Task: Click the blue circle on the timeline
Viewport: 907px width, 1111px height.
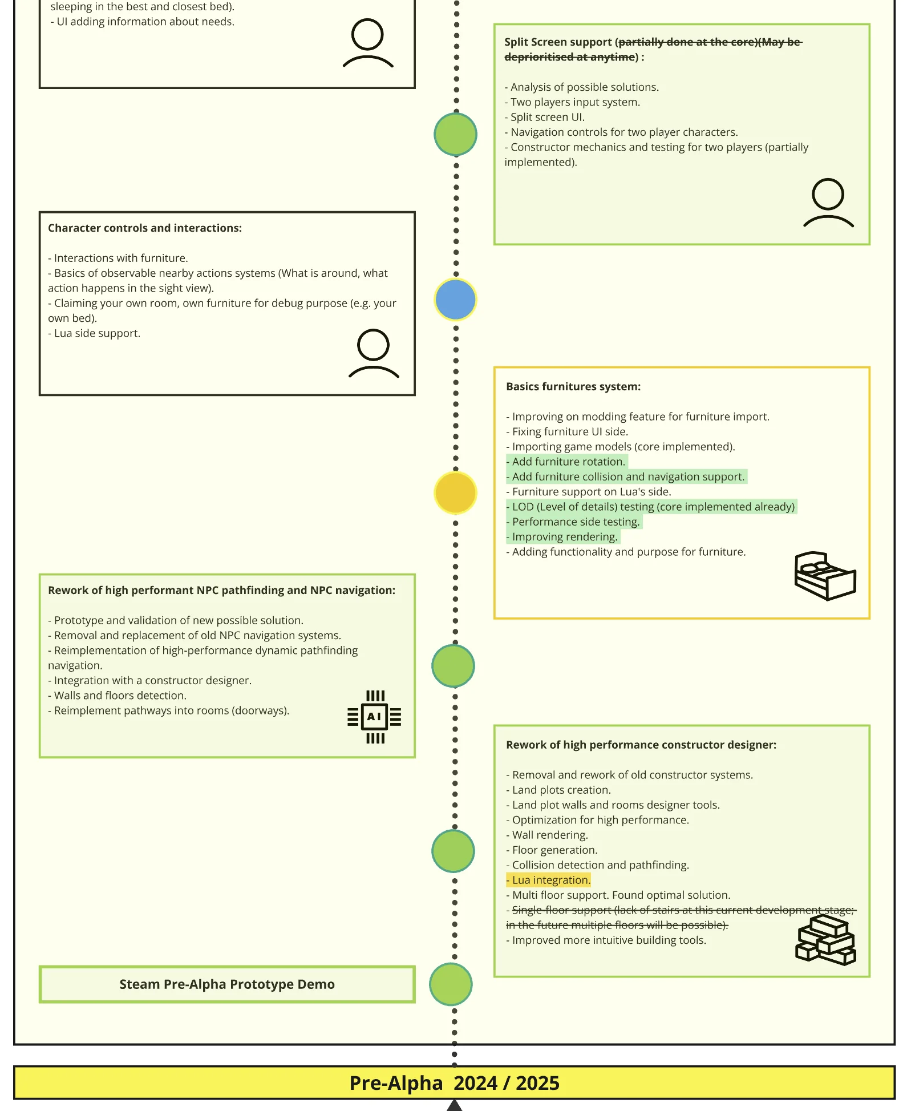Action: pyautogui.click(x=455, y=300)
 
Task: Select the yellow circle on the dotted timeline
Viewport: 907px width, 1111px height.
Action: pyautogui.click(x=455, y=493)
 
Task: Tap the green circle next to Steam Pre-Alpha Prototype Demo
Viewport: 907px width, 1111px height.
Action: pyautogui.click(x=451, y=984)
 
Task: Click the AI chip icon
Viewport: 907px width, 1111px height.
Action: pyautogui.click(x=374, y=717)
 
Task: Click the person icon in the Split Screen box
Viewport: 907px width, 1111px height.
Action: pyautogui.click(x=828, y=203)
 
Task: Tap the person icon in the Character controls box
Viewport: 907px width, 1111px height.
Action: pyautogui.click(x=374, y=353)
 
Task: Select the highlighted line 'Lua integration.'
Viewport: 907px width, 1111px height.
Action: pyautogui.click(x=549, y=880)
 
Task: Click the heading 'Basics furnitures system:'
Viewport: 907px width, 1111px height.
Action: pyautogui.click(x=573, y=386)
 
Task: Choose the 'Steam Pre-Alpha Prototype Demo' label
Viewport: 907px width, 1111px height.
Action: pyautogui.click(x=227, y=984)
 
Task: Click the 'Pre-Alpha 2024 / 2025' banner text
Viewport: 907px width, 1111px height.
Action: pyautogui.click(x=454, y=1082)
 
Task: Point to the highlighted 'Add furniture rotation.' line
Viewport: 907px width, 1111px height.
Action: pyautogui.click(x=567, y=462)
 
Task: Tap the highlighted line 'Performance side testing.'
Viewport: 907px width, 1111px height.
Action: pyautogui.click(x=574, y=522)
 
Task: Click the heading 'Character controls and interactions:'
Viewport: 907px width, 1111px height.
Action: pyautogui.click(x=145, y=228)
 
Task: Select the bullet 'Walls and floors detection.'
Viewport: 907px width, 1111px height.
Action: pyautogui.click(x=118, y=695)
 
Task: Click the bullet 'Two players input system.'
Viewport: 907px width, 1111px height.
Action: pyautogui.click(x=573, y=102)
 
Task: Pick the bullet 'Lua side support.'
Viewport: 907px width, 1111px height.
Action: pyautogui.click(x=94, y=333)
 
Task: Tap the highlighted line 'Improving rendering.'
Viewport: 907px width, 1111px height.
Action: pyautogui.click(x=563, y=537)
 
